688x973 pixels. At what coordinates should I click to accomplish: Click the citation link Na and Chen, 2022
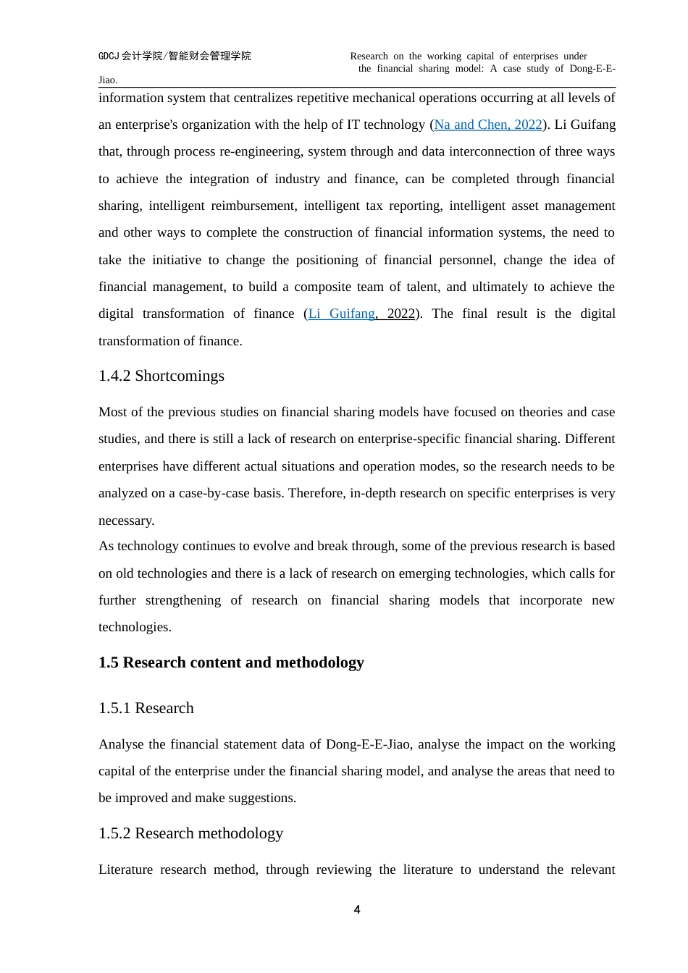488,125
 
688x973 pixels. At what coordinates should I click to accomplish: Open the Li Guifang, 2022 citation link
361,313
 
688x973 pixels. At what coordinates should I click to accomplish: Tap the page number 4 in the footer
357,909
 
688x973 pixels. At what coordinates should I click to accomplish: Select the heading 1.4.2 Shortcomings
161,376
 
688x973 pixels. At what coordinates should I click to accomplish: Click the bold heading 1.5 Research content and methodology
231,662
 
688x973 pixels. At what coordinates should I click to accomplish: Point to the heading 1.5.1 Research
146,708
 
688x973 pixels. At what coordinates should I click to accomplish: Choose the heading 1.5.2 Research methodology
190,833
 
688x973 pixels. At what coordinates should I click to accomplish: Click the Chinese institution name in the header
175,56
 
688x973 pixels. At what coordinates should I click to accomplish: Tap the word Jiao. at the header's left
108,80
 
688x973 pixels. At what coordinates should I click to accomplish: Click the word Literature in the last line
125,869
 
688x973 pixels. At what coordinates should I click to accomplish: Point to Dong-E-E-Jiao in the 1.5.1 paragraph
369,744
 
